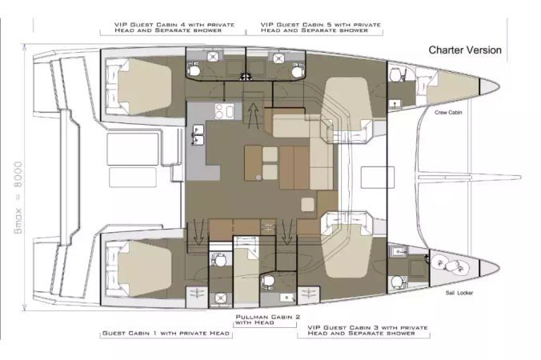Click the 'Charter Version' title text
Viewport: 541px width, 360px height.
click(x=465, y=50)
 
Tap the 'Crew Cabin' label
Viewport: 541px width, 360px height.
click(x=448, y=113)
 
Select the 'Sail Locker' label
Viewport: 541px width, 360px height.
click(x=459, y=293)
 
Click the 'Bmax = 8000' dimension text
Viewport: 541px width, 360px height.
click(x=18, y=198)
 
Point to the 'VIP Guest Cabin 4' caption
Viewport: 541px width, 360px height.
click(x=174, y=27)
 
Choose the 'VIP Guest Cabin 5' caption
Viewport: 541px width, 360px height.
click(x=321, y=27)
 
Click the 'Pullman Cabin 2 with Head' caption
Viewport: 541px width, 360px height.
click(x=268, y=320)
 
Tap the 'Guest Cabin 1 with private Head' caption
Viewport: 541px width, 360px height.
click(x=166, y=333)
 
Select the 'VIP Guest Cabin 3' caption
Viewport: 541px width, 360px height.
click(x=367, y=330)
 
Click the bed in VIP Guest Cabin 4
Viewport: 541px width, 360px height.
click(x=145, y=86)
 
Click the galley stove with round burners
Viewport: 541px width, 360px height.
click(x=224, y=111)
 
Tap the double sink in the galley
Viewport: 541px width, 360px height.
click(x=198, y=135)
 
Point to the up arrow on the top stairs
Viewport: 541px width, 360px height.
click(x=254, y=113)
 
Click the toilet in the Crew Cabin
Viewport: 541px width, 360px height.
click(x=395, y=74)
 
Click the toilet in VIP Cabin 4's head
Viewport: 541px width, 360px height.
click(x=194, y=70)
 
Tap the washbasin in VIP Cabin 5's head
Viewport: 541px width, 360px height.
click(x=278, y=58)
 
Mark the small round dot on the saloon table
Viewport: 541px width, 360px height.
click(x=258, y=178)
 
